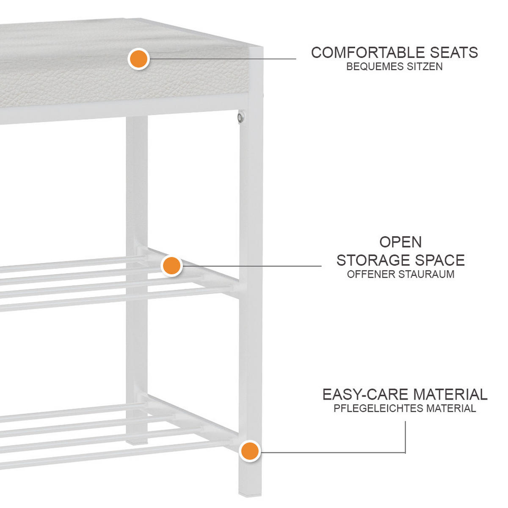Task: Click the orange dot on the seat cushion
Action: pos(139,59)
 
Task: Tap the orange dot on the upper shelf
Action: pos(171,265)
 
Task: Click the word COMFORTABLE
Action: pos(368,52)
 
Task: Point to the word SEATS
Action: pos(454,52)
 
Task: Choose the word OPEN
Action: pos(400,242)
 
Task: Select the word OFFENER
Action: pos(371,274)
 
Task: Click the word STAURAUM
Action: pos(426,274)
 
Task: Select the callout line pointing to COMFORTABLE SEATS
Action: pos(223,59)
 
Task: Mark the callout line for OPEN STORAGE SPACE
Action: pos(251,266)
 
